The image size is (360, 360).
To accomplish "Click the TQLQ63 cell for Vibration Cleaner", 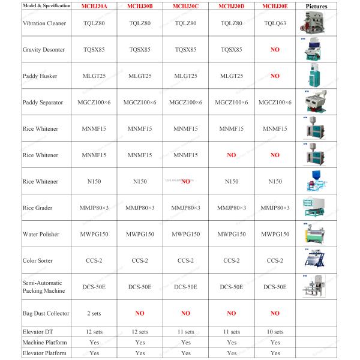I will [x=275, y=23].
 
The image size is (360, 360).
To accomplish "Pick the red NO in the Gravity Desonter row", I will [x=275, y=49].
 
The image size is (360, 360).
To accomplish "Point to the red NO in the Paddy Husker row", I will [x=275, y=76].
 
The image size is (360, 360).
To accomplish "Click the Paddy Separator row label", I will [x=42, y=103].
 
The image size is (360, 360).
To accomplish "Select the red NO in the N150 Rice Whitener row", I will [x=185, y=181].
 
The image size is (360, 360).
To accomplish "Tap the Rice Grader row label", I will [x=37, y=208].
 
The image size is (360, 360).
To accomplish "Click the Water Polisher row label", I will [x=40, y=234].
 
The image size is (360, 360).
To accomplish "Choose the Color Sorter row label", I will [x=37, y=260].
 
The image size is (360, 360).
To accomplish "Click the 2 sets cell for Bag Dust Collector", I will [x=94, y=313].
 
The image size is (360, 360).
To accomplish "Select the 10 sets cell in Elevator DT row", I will [x=275, y=332].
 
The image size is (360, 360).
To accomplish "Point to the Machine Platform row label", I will [x=44, y=343].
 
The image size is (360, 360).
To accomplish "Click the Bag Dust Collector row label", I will [x=46, y=313].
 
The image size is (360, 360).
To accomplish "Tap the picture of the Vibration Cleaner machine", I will [x=316, y=23].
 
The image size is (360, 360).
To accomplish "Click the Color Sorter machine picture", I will [x=316, y=260].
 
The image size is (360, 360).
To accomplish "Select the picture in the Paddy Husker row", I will [x=316, y=76].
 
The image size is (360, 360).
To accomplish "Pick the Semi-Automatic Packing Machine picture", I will [x=316, y=287].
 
